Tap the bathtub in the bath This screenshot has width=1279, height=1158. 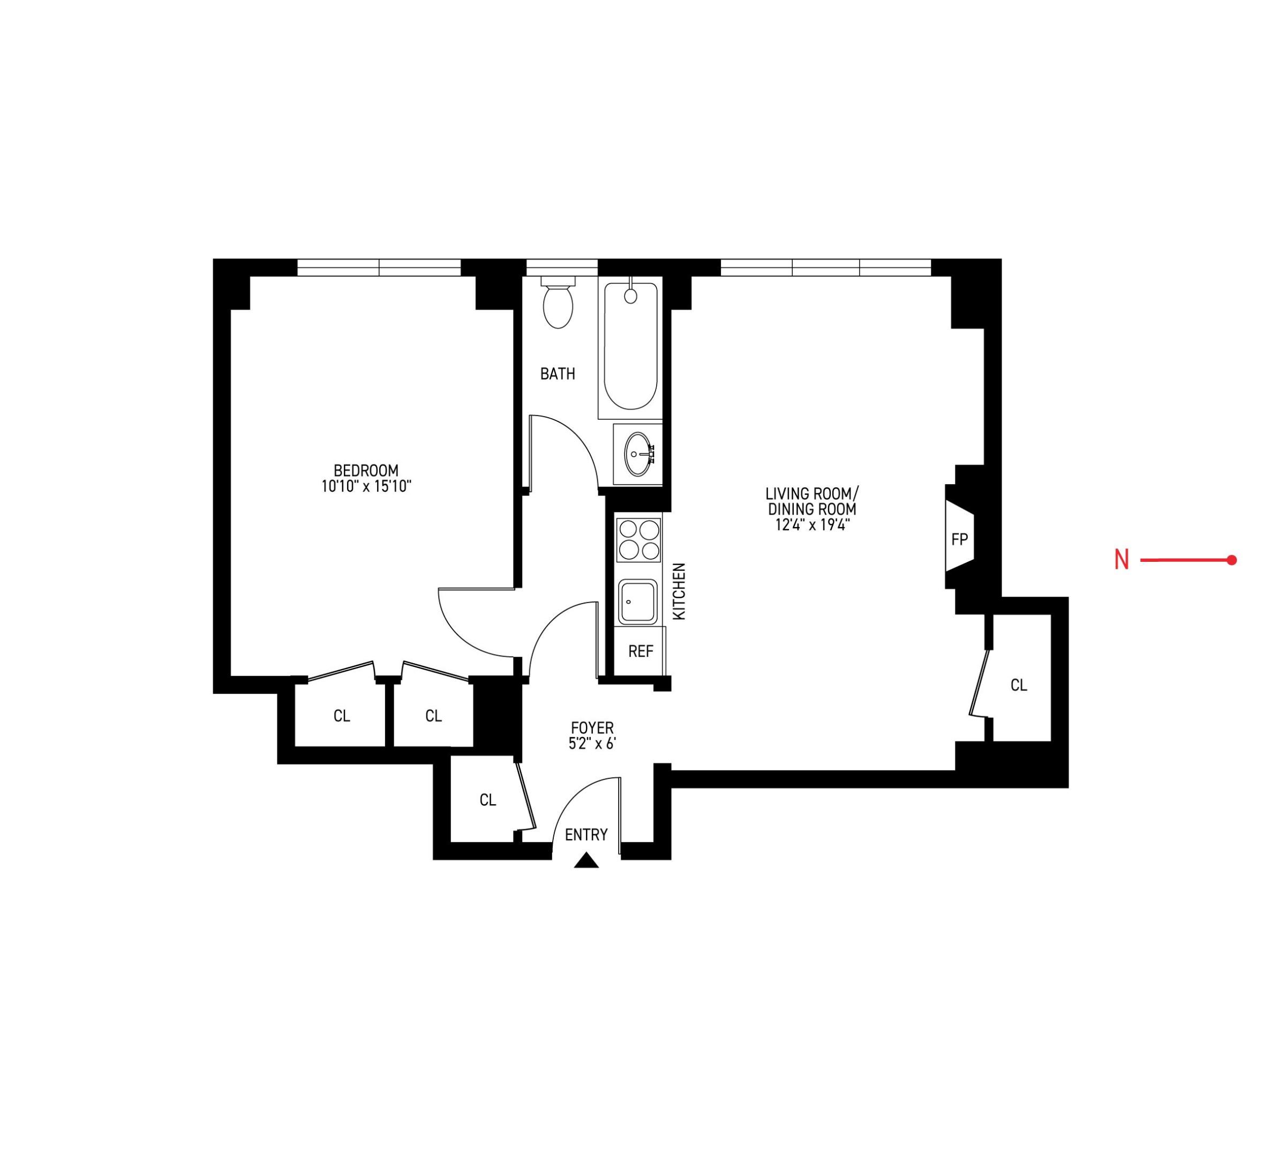[x=630, y=346]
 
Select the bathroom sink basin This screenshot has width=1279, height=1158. [x=637, y=454]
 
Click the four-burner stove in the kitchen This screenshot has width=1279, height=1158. [x=638, y=540]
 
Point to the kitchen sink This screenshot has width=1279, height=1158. [x=637, y=601]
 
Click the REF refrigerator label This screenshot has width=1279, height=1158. [x=641, y=651]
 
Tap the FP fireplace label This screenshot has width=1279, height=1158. [x=959, y=540]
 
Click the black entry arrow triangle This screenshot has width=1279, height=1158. [x=586, y=861]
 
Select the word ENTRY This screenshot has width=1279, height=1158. [x=586, y=834]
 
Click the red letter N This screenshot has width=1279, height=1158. [x=1122, y=560]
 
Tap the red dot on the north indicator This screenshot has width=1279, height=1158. [x=1231, y=560]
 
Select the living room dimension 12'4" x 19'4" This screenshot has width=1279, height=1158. [x=812, y=525]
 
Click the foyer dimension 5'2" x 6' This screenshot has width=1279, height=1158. [x=592, y=744]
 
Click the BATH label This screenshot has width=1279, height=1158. [x=558, y=374]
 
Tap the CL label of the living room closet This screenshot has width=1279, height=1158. [x=1019, y=685]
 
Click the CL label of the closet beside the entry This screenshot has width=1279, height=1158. [x=487, y=800]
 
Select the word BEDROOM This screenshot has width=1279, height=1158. [x=366, y=471]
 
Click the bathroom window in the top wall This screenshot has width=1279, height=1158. [x=562, y=268]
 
